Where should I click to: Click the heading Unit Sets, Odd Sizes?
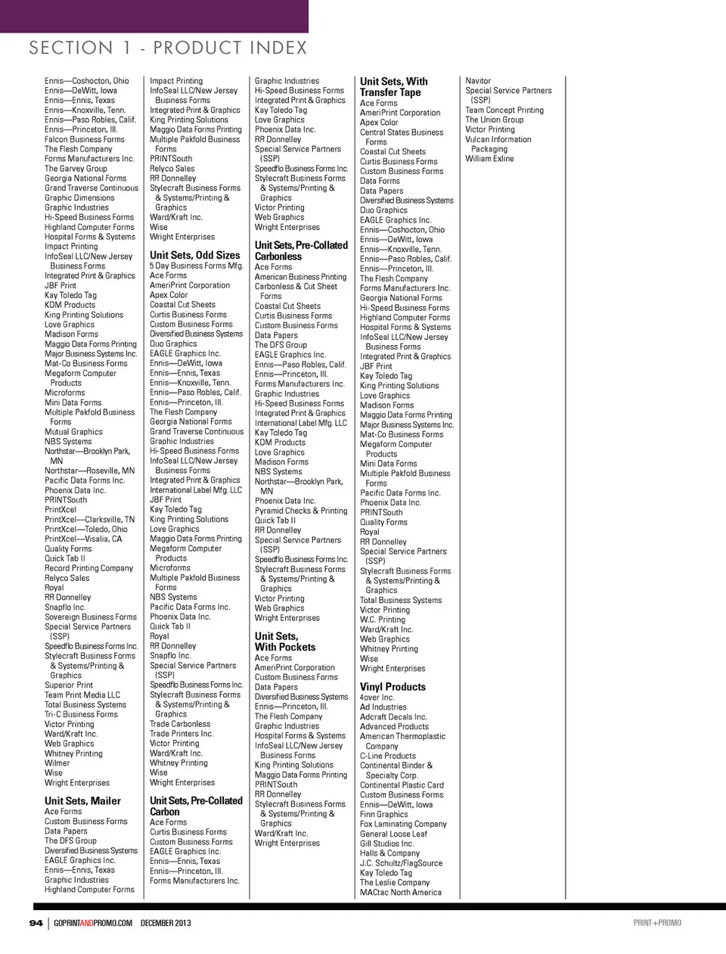coord(194,255)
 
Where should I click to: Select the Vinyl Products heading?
coord(392,687)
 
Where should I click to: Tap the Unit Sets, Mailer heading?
coord(82,800)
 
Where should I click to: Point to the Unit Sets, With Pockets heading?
coord(285,642)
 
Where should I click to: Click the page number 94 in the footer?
coord(36,923)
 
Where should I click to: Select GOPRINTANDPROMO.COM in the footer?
coord(93,923)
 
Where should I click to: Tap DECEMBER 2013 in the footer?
coord(166,923)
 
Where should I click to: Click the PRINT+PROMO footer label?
coord(657,923)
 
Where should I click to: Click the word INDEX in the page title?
coord(269,48)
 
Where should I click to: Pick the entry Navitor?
coord(478,81)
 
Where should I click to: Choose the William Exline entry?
coord(489,159)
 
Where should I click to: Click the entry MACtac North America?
coord(401,893)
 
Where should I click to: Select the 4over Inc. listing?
coord(377,698)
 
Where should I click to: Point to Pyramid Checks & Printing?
coord(301,511)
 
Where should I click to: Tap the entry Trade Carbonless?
coord(180,724)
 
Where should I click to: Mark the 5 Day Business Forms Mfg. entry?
coord(197,266)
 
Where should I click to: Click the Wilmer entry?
coord(57,763)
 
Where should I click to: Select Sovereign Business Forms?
coord(91,617)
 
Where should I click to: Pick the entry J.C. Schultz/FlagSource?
coord(401,863)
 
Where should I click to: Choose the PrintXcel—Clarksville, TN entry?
coord(89,520)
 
